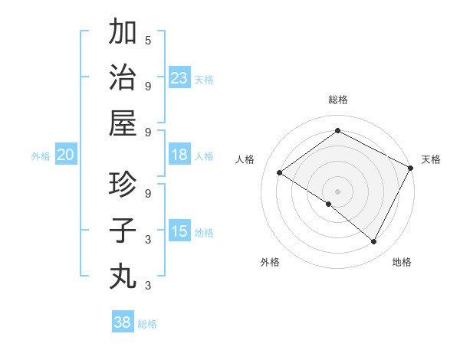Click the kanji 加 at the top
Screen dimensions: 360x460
(123, 33)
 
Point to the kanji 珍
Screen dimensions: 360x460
(123, 185)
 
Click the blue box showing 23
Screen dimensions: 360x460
(179, 78)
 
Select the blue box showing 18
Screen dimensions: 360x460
(179, 155)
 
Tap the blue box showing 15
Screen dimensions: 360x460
(179, 232)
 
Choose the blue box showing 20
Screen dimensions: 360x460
(65, 155)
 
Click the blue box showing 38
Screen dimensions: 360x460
(122, 322)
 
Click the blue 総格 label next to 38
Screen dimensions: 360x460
(147, 324)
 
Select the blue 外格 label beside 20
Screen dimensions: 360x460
(41, 156)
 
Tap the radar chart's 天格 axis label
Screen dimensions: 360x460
(431, 159)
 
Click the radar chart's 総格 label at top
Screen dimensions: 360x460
(337, 100)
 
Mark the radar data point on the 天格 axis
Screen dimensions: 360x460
(411, 167)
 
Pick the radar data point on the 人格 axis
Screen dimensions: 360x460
(279, 172)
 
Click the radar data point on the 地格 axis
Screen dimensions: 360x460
(374, 242)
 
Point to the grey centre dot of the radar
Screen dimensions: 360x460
(337, 191)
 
